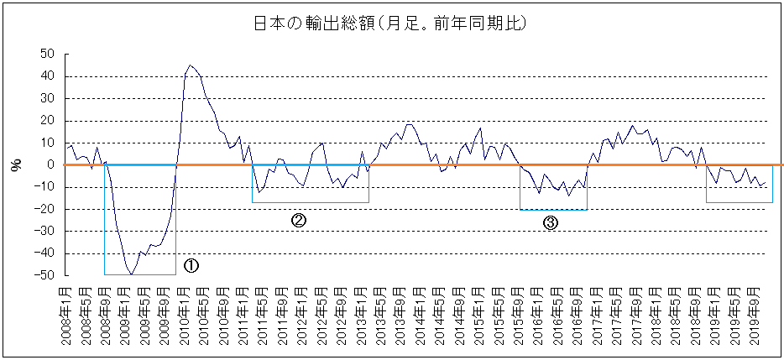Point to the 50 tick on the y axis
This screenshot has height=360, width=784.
[47, 54]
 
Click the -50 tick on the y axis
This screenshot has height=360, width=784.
[44, 275]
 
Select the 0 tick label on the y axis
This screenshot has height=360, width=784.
[50, 164]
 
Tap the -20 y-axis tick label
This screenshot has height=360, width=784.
[44, 209]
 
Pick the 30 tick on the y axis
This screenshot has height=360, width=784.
[47, 98]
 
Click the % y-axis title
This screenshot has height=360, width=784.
[15, 165]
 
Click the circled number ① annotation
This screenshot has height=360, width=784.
[191, 265]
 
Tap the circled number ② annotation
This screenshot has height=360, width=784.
[298, 220]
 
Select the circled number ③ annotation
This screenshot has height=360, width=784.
[551, 222]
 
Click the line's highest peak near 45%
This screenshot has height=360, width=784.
[191, 65]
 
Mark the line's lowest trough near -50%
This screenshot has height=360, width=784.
[131, 274]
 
